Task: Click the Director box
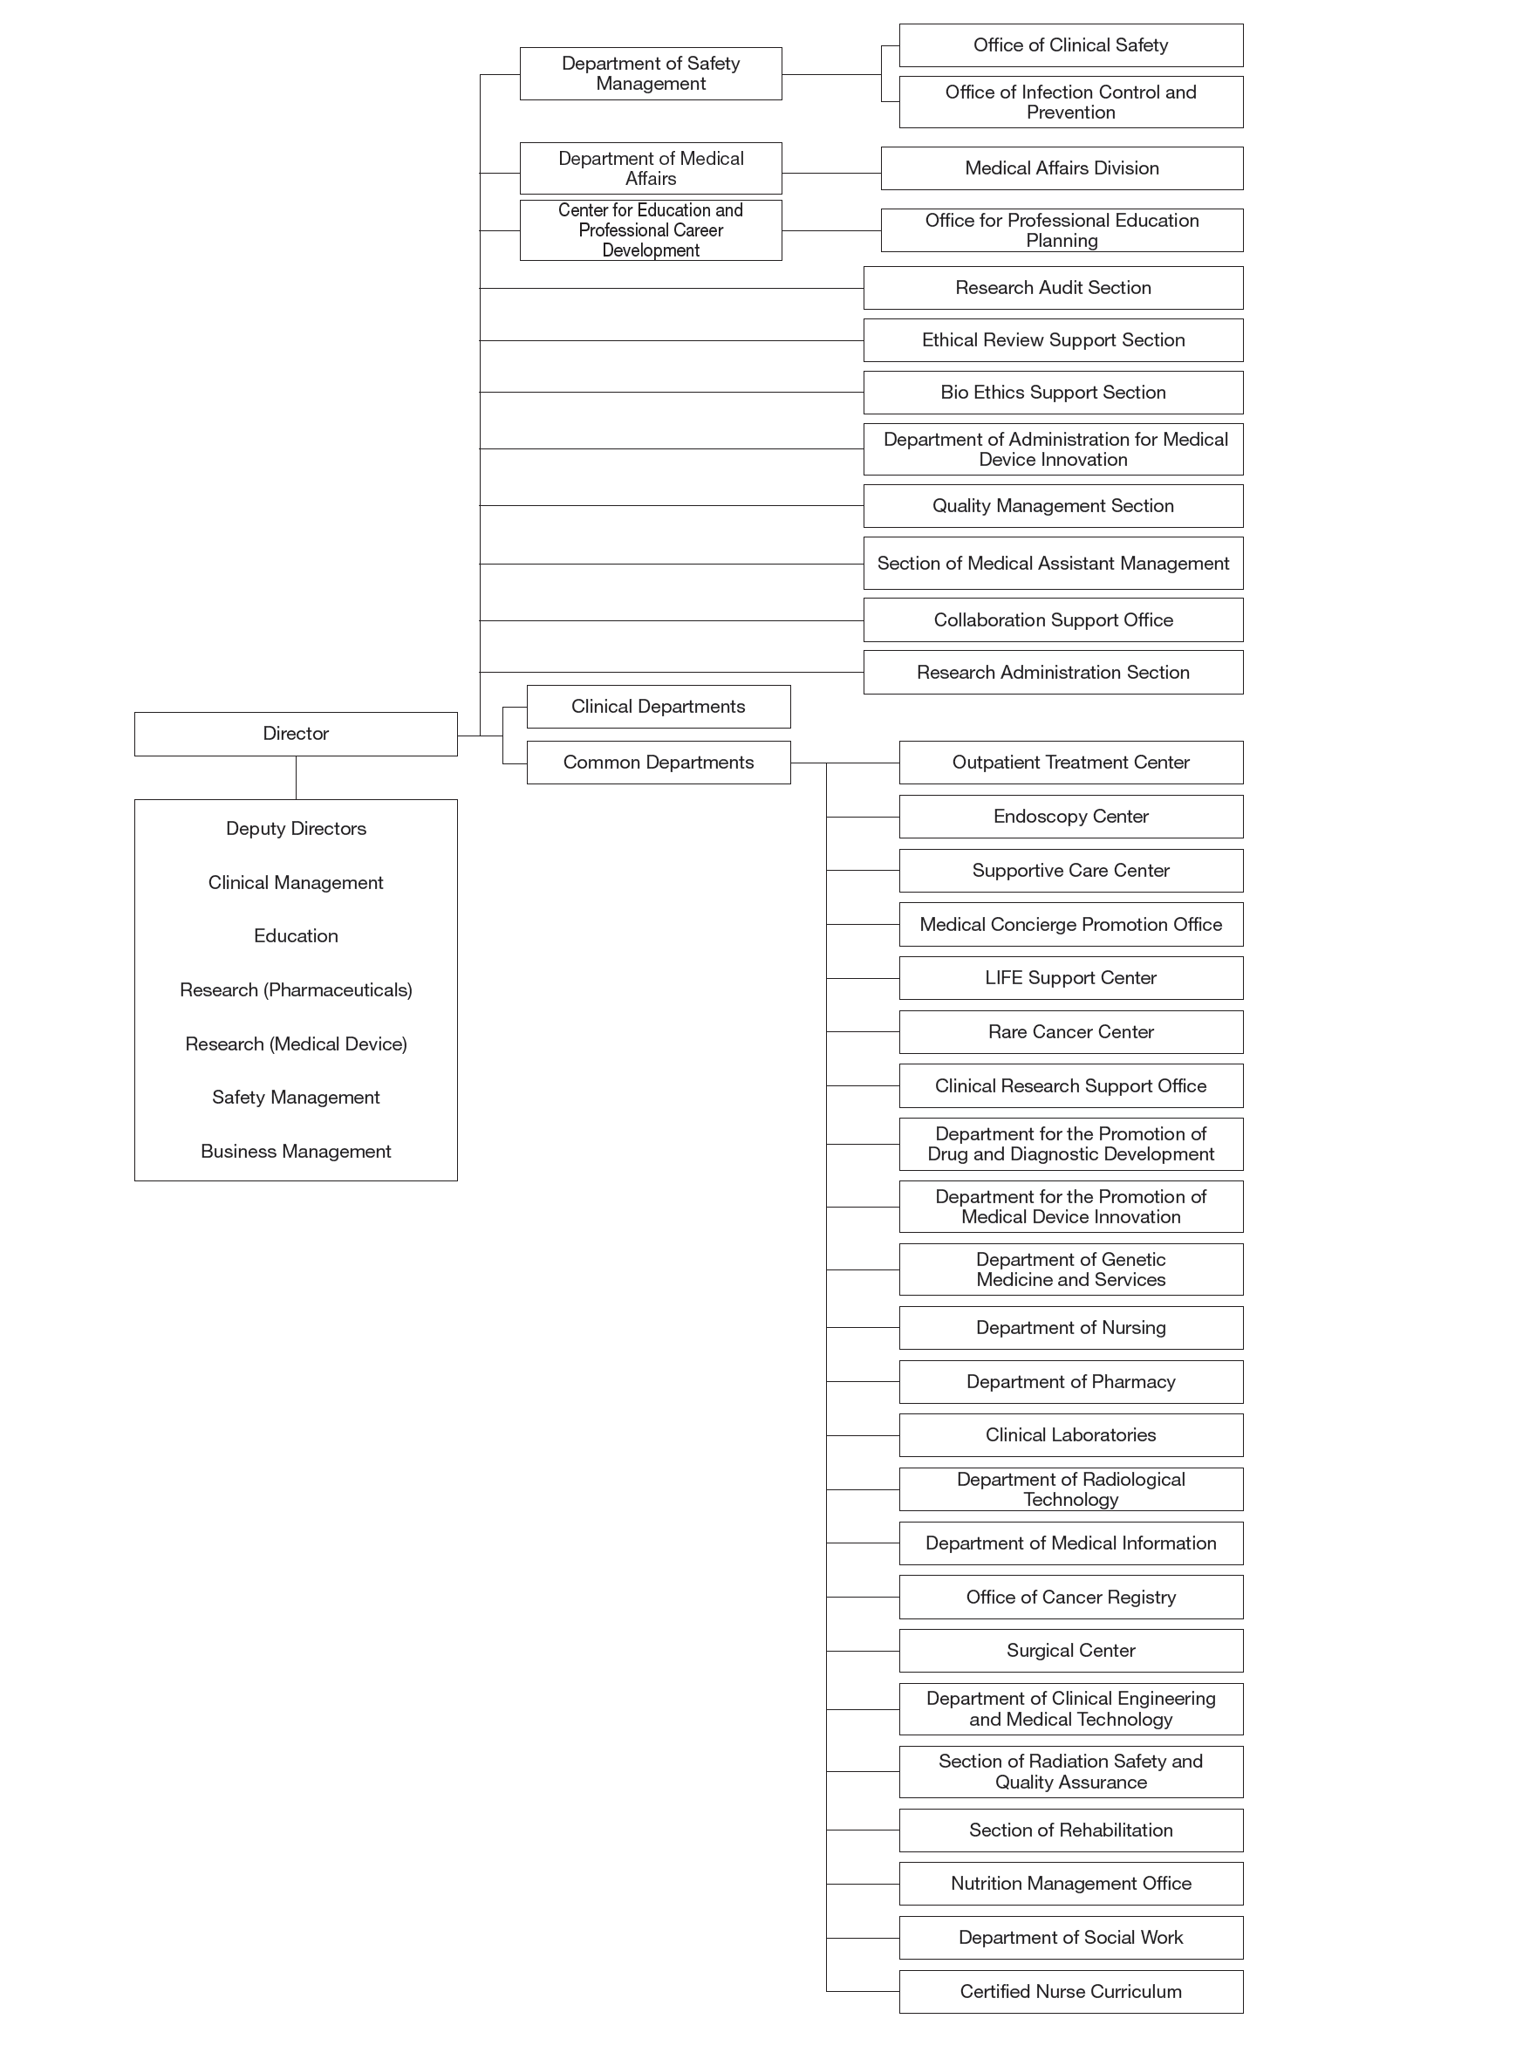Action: pyautogui.click(x=295, y=734)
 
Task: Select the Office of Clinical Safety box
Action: pyautogui.click(x=1070, y=45)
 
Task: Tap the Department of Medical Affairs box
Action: pyautogui.click(x=650, y=168)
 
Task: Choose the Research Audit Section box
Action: pyautogui.click(x=1053, y=288)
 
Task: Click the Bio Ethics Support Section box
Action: pyautogui.click(x=1053, y=393)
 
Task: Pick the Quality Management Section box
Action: pyautogui.click(x=1053, y=506)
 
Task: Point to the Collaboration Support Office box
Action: pyautogui.click(x=1053, y=620)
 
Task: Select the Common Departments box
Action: pyautogui.click(x=659, y=763)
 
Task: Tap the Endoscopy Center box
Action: pyautogui.click(x=1070, y=817)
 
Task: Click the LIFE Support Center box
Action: pyautogui.click(x=1070, y=978)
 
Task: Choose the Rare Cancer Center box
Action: pyautogui.click(x=1070, y=1032)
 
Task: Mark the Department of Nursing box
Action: pyautogui.click(x=1070, y=1328)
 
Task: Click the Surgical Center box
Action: pyautogui.click(x=1070, y=1651)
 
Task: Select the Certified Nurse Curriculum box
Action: pyautogui.click(x=1070, y=1992)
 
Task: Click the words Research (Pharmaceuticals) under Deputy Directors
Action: pyautogui.click(x=295, y=990)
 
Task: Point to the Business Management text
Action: pyautogui.click(x=295, y=1152)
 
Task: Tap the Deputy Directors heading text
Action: pyautogui.click(x=295, y=829)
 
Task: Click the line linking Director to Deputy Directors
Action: pyautogui.click(x=296, y=778)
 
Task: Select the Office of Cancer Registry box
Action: pyautogui.click(x=1070, y=1597)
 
